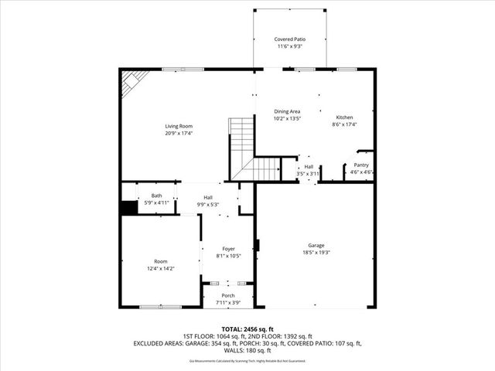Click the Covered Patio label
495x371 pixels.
[x=289, y=39]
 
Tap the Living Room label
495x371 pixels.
[x=178, y=126]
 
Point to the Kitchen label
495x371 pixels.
[x=343, y=111]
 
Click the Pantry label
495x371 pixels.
[x=361, y=165]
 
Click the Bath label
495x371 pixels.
[x=157, y=196]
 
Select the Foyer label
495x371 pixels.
[x=228, y=249]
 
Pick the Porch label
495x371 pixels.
[x=228, y=295]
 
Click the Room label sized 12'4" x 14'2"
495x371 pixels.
[x=160, y=261]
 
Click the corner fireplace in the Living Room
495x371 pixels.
[x=133, y=82]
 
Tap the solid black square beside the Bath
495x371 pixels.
[x=128, y=207]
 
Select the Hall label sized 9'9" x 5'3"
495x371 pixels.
[x=208, y=197]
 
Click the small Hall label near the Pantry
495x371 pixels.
[x=308, y=166]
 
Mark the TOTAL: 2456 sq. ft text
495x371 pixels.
[x=247, y=329]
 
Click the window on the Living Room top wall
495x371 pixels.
[x=183, y=70]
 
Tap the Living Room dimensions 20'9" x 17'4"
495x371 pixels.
[x=178, y=133]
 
